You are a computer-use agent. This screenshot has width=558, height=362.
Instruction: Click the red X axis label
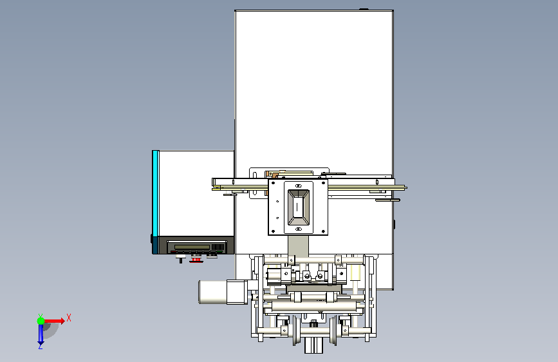point(69,318)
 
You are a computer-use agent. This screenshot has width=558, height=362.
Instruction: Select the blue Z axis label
point(41,346)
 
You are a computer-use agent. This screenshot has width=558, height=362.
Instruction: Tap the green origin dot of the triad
point(41,321)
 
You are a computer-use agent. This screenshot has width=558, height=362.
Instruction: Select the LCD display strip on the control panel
point(192,247)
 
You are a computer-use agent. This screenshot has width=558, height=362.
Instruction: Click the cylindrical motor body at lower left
point(213,292)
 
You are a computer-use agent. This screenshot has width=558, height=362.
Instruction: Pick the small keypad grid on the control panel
point(218,247)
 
